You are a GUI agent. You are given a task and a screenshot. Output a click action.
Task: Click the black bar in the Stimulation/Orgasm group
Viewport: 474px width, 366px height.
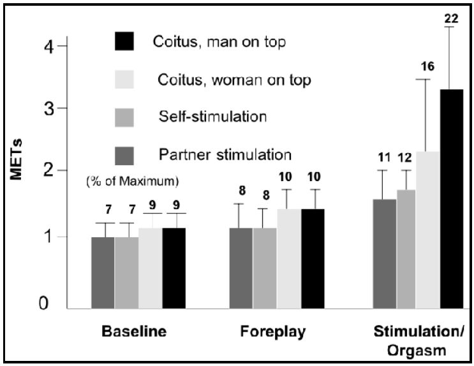452,199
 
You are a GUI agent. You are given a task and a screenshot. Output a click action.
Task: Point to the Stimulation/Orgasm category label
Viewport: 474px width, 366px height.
417,340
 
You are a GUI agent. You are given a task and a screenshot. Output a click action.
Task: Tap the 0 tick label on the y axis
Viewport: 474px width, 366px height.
43,303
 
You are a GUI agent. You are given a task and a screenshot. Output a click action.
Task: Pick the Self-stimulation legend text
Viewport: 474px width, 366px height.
212,117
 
